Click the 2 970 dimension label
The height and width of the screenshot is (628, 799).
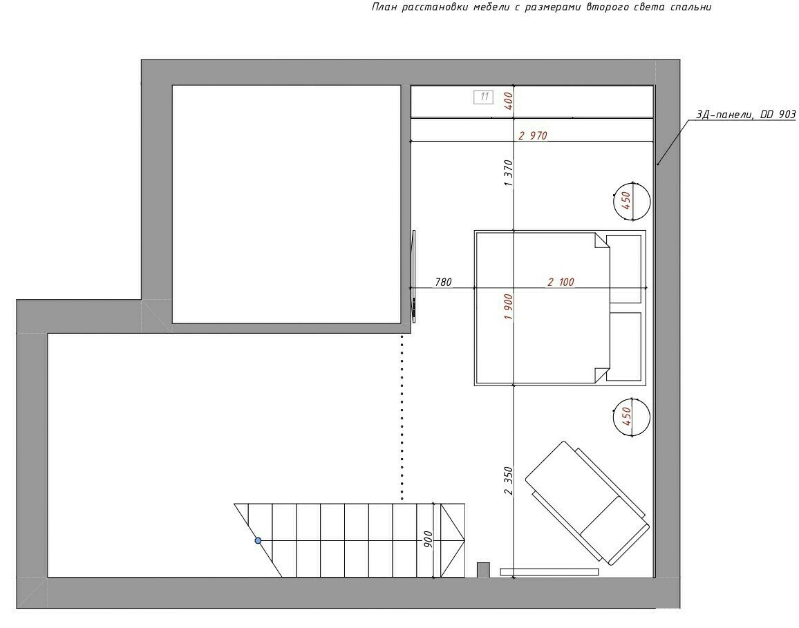coord(532,135)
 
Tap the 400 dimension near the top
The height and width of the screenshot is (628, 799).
coord(508,102)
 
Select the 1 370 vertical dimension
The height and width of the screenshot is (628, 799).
coord(508,173)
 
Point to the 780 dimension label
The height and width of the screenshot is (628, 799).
coord(443,282)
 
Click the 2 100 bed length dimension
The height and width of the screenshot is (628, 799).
coord(561,282)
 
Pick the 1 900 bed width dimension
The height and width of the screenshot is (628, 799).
coord(508,307)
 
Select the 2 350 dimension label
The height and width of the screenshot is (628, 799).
coord(508,480)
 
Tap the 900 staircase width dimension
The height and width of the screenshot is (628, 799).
coord(428,540)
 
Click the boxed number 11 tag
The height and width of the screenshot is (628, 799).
coord(484,97)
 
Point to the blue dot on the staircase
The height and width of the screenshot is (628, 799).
coord(258,540)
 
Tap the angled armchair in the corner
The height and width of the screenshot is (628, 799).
coord(587,503)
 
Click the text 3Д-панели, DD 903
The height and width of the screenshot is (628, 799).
coord(746,115)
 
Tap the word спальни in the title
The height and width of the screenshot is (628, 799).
coord(692,7)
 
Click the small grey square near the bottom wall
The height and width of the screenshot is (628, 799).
coord(483,570)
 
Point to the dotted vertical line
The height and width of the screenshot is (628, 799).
coord(402,417)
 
